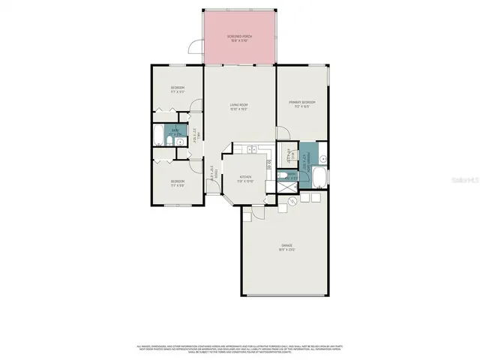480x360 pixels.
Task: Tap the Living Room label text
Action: click(238, 106)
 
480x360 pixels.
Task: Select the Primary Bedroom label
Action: click(302, 103)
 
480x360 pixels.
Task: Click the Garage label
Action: click(286, 248)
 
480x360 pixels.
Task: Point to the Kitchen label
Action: click(245, 179)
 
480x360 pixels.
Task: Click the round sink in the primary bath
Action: click(322, 158)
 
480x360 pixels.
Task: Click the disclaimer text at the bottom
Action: click(240, 349)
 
